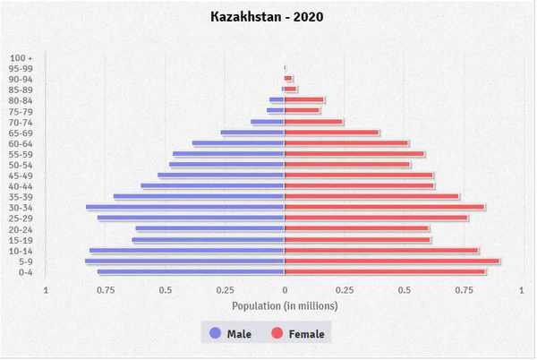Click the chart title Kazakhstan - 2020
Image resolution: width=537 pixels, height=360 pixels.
click(x=268, y=16)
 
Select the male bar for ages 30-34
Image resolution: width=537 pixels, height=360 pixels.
click(x=185, y=207)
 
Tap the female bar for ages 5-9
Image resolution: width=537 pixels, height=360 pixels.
click(x=392, y=261)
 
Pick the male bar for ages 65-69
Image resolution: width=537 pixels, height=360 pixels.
click(x=252, y=133)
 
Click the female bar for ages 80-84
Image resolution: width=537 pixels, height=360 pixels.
click(x=304, y=99)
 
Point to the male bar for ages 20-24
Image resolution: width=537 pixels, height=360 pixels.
click(x=210, y=228)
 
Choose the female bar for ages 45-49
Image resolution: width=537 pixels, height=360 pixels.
click(x=359, y=175)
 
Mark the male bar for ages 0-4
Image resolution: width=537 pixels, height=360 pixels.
click(x=191, y=271)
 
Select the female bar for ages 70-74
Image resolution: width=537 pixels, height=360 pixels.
click(x=313, y=122)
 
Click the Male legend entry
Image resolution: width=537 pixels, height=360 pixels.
click(x=230, y=334)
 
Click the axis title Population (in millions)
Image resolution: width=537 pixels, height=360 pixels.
click(x=285, y=305)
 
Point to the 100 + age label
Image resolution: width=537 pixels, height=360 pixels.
click(x=22, y=57)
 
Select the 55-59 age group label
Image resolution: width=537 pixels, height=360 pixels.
click(x=22, y=154)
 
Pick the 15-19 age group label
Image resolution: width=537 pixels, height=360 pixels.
click(x=22, y=240)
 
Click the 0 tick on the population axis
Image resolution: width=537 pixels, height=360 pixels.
click(x=285, y=289)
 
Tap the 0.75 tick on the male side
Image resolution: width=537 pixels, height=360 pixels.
click(x=106, y=289)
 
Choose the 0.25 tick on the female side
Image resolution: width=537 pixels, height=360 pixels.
click(x=345, y=289)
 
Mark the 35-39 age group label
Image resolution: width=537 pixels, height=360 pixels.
click(x=22, y=197)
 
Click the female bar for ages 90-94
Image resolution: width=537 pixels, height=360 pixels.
click(x=288, y=78)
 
